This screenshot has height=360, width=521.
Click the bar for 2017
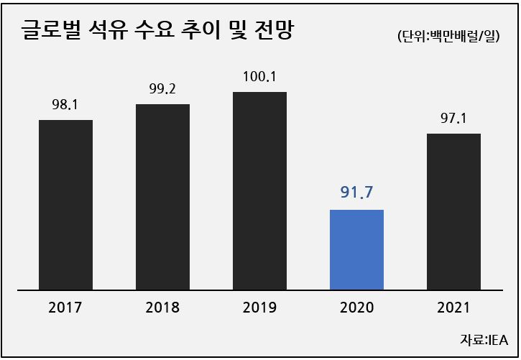(x=66, y=205)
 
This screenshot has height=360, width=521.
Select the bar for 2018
(x=163, y=198)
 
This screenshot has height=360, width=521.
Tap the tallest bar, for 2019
(x=260, y=191)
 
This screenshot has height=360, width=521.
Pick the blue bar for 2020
(x=357, y=250)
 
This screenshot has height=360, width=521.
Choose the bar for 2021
(x=454, y=212)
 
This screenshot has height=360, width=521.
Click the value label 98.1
(x=65, y=105)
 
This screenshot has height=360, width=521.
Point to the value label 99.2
(x=162, y=88)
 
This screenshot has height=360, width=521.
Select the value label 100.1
(x=259, y=77)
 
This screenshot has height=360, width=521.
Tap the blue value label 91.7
(x=356, y=193)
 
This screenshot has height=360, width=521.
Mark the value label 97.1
(x=453, y=119)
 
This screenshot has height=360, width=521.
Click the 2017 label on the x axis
(x=65, y=308)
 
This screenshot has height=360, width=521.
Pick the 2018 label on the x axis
(x=162, y=308)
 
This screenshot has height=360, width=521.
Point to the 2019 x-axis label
(x=259, y=308)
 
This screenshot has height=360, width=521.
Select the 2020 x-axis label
(x=357, y=308)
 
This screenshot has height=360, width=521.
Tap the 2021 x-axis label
(x=453, y=308)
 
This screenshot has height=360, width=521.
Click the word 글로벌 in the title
(x=51, y=30)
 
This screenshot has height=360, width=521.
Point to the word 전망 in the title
(x=274, y=30)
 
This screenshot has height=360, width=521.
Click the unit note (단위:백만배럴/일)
(x=448, y=36)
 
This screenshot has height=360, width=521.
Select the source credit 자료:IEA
(x=484, y=340)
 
